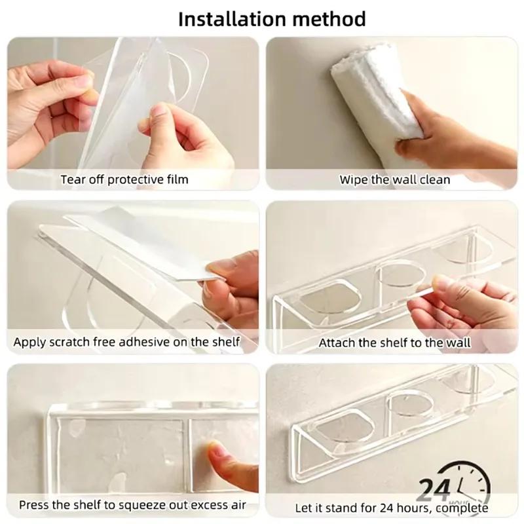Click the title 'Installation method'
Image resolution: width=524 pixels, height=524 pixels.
click(x=262, y=18)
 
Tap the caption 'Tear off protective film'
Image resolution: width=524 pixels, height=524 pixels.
click(x=124, y=179)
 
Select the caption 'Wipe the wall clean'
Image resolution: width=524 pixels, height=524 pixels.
click(x=394, y=179)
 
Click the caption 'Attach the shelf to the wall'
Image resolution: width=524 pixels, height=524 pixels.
click(x=394, y=342)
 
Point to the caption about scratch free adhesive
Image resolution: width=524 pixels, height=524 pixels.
click(x=127, y=342)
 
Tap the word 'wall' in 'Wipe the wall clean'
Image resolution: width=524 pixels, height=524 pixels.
click(x=400, y=179)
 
